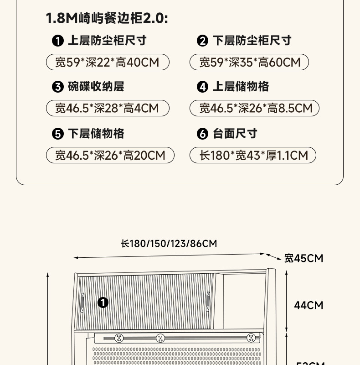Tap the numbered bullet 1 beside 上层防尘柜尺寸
(57, 41)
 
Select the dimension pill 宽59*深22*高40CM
(108, 62)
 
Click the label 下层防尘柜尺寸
(252, 41)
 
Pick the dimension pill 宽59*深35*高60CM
(249, 62)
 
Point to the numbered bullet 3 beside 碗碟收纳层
(57, 87)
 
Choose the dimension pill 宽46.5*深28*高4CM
(108, 108)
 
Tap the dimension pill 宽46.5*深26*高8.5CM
(254, 108)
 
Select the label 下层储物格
(96, 134)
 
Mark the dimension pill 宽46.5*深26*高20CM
(110, 155)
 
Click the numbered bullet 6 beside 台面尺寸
(202, 134)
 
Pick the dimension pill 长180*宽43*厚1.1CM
(253, 155)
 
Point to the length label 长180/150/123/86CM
(169, 244)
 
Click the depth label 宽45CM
(303, 259)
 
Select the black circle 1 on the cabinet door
(103, 302)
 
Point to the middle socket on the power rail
(160, 338)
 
